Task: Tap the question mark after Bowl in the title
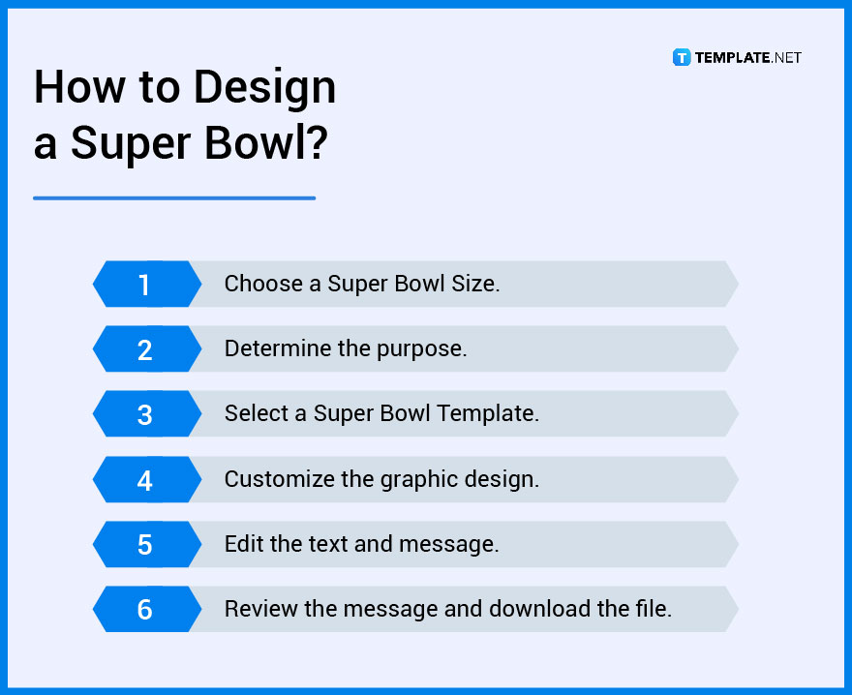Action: [x=316, y=143]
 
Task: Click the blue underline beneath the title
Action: [x=174, y=198]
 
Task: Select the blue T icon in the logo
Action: [x=682, y=57]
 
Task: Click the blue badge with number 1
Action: [x=145, y=285]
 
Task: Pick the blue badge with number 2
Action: [x=145, y=349]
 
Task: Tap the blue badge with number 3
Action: [x=145, y=414]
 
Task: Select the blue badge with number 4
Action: [x=145, y=479]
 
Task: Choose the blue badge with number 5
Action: [x=145, y=544]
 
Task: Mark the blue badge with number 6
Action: [x=145, y=609]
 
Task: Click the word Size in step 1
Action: [x=475, y=284]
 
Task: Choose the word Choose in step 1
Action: [x=261, y=284]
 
